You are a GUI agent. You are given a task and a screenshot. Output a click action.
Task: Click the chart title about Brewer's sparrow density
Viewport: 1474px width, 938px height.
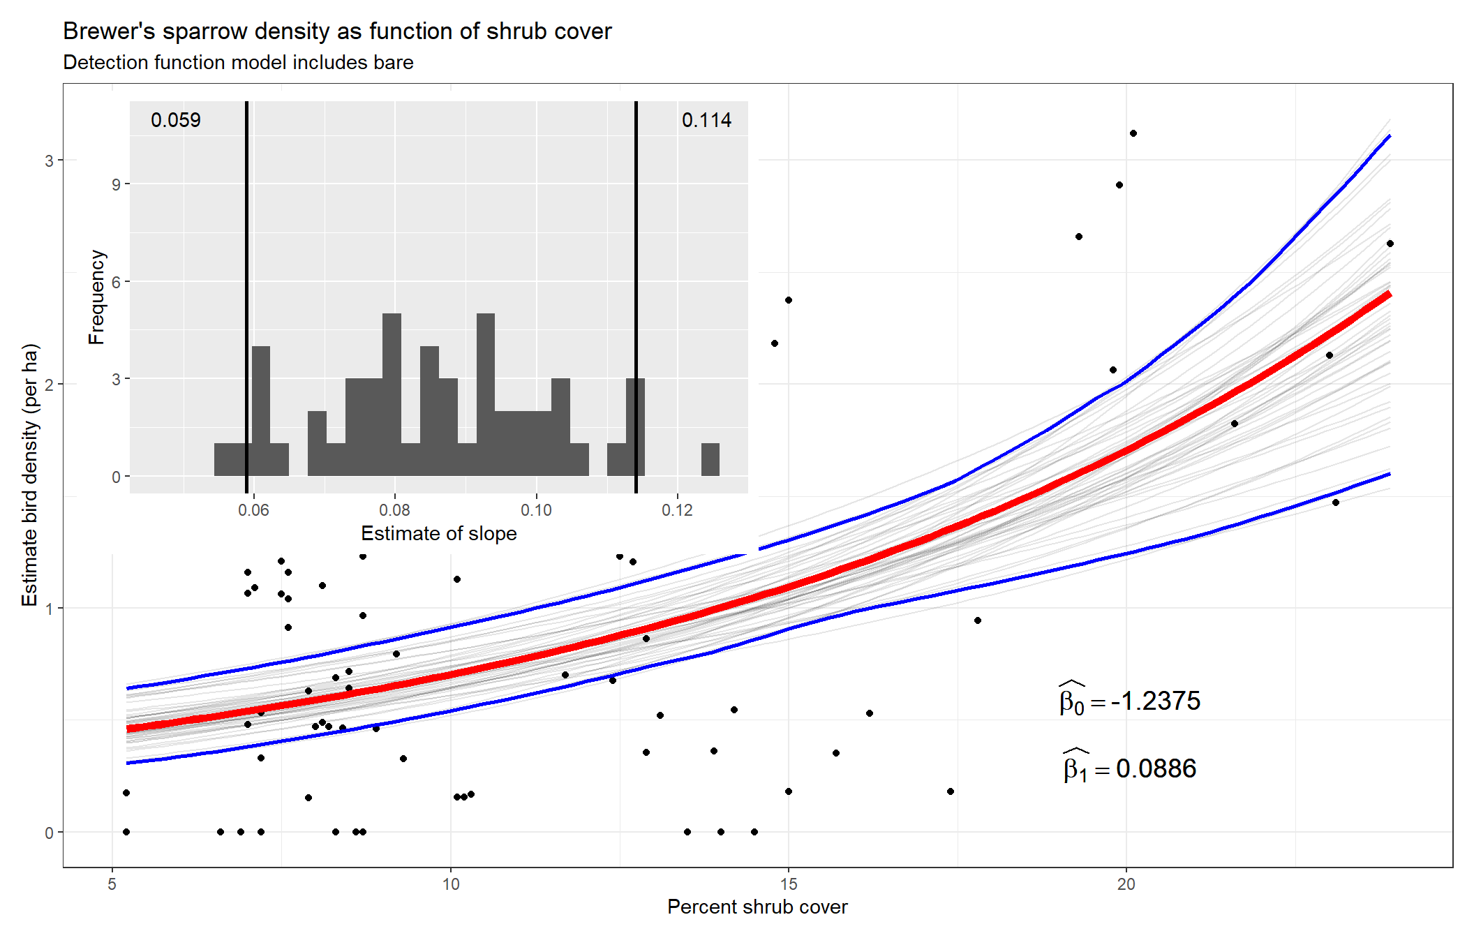click(x=337, y=31)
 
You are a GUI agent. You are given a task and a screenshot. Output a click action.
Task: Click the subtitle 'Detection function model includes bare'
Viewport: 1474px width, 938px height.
click(x=238, y=62)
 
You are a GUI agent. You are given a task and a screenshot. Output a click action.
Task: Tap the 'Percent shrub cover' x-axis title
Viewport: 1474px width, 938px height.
click(x=757, y=907)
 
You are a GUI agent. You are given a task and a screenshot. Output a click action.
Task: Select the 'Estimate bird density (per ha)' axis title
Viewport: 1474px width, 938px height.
click(x=29, y=475)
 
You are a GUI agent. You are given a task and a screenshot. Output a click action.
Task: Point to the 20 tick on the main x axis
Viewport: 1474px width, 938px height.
click(x=1126, y=884)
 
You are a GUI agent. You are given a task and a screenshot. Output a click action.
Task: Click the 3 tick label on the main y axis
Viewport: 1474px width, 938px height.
click(x=49, y=161)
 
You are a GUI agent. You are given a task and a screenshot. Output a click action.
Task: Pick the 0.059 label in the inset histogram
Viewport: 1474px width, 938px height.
click(x=176, y=120)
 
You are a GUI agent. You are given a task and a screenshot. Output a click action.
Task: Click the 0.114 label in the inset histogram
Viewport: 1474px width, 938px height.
click(x=706, y=120)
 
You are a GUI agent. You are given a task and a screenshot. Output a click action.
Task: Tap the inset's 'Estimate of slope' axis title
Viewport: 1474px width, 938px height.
click(x=438, y=533)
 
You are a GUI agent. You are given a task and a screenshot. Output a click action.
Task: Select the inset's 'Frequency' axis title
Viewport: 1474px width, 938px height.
click(x=96, y=297)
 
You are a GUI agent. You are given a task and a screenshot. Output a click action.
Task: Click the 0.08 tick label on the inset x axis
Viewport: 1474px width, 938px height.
click(x=394, y=510)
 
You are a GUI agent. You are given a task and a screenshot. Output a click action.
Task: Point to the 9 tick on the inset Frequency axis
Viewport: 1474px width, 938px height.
click(x=116, y=184)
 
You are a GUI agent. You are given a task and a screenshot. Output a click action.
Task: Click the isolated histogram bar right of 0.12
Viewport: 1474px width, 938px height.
click(x=710, y=460)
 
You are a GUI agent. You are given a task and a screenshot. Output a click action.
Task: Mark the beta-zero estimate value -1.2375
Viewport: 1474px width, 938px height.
click(x=1156, y=701)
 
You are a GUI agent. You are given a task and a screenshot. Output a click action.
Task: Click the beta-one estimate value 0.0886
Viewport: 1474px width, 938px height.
click(x=1156, y=768)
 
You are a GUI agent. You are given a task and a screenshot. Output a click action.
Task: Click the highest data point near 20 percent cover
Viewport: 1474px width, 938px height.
click(x=1133, y=133)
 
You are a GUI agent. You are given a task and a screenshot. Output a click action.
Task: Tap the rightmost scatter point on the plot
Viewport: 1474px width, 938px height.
click(x=1390, y=244)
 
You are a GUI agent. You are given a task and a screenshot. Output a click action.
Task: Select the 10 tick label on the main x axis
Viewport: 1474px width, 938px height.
click(x=451, y=884)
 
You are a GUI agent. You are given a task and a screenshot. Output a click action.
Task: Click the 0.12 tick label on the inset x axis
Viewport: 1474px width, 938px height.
click(x=677, y=510)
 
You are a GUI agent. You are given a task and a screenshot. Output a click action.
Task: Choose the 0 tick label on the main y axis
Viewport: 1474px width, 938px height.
click(x=49, y=833)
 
